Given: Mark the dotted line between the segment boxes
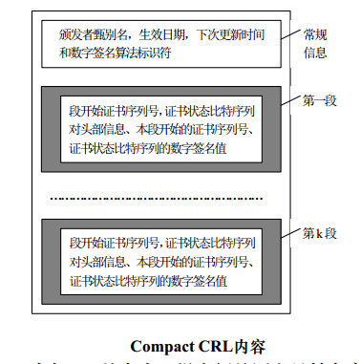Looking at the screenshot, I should click(163, 199).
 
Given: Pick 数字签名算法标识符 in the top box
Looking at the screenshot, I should click(123, 53).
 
